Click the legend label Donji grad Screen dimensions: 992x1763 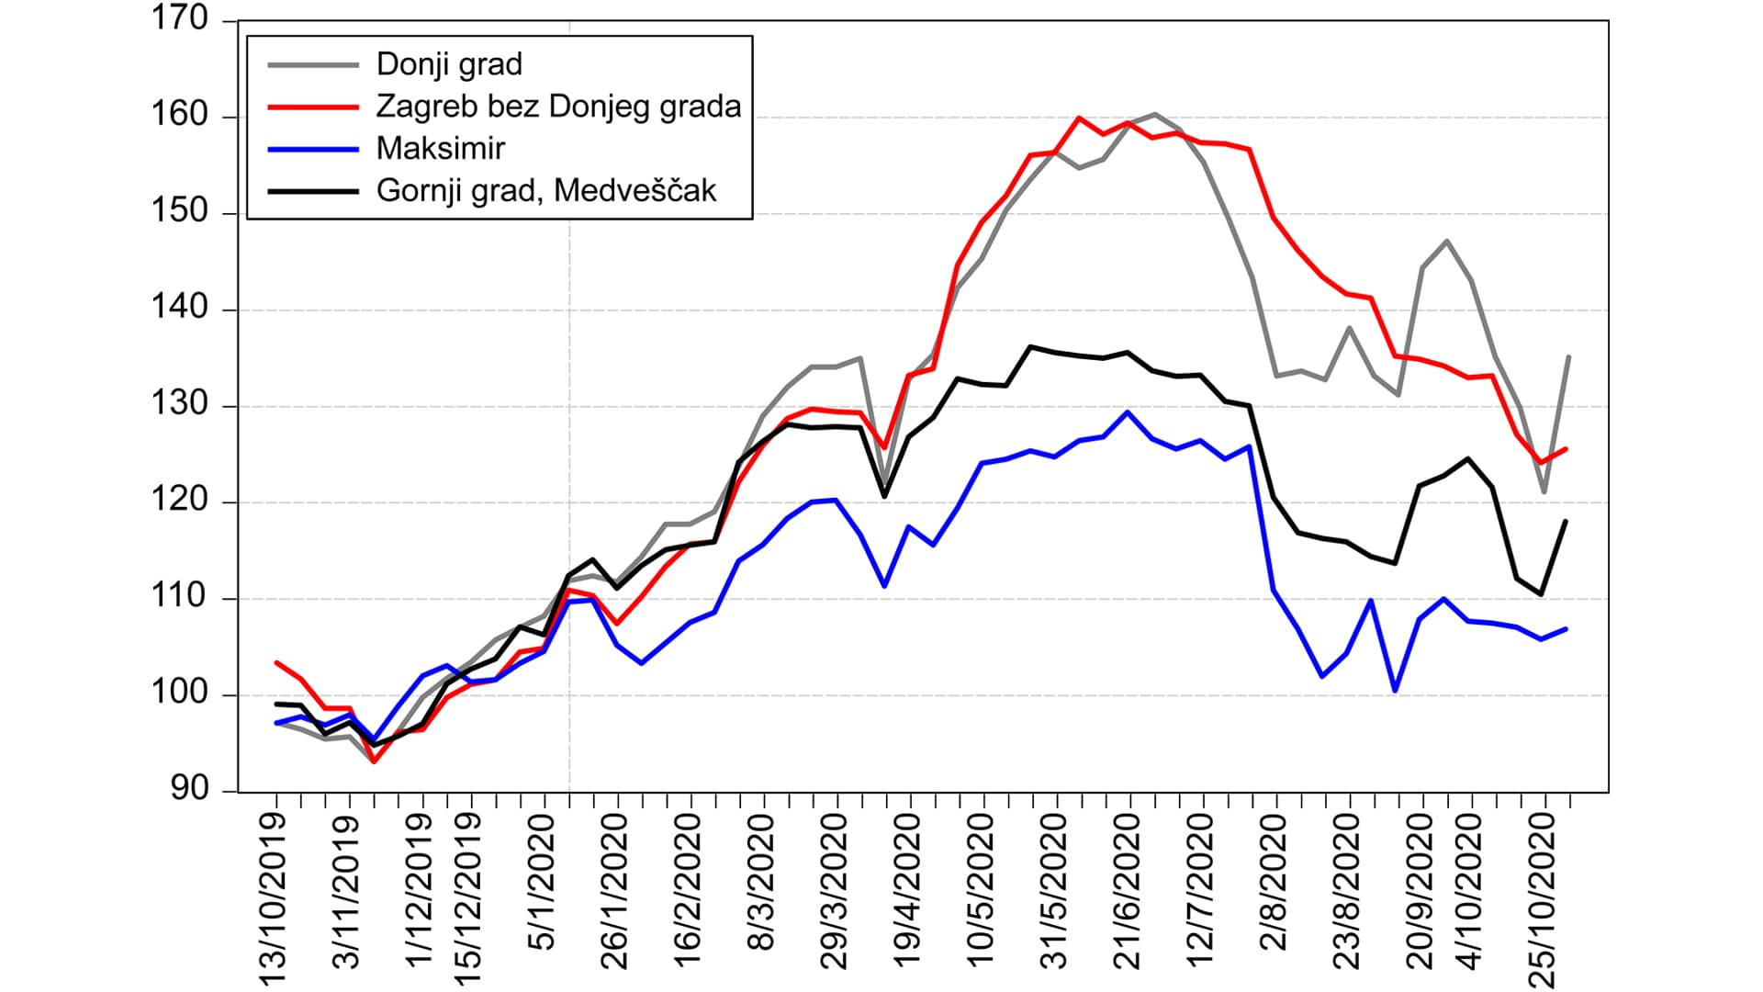[449, 64]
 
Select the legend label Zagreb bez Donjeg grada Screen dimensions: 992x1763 [558, 107]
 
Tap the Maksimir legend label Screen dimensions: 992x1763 [441, 149]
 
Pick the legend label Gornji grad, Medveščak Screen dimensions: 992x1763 [546, 191]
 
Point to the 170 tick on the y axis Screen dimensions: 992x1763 [180, 19]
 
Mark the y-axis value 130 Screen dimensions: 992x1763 [180, 405]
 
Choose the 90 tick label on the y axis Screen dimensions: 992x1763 [189, 790]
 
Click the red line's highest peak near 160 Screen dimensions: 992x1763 [1079, 118]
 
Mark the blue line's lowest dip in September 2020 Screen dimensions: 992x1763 [1395, 691]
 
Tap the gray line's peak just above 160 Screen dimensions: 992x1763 [1153, 114]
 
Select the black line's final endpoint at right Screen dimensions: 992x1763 [1566, 521]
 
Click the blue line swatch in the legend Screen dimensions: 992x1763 [312, 149]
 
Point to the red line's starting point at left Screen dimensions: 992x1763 [276, 662]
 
